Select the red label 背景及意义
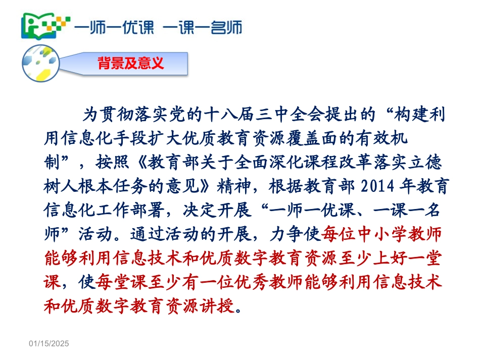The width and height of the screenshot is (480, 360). point(131,64)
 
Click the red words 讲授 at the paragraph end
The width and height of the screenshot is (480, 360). point(218,306)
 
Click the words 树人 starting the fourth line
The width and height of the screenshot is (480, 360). point(56,187)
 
